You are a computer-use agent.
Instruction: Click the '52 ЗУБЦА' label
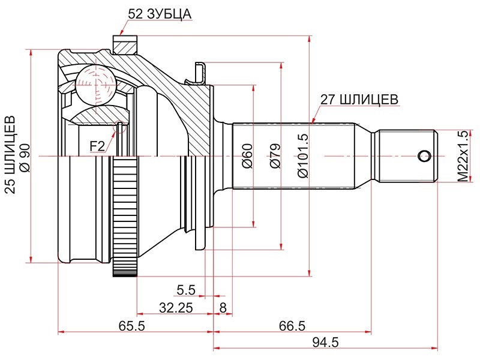tap(160, 14)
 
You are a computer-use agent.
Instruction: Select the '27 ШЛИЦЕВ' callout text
tap(359, 100)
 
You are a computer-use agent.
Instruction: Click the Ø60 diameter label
tap(247, 156)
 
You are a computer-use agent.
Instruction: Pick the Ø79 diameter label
tap(275, 156)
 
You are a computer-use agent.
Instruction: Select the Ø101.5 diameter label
tap(303, 156)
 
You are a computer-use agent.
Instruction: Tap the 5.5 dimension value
tap(186, 290)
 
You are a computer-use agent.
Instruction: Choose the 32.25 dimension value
tap(176, 308)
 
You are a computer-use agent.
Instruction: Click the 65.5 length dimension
tap(131, 326)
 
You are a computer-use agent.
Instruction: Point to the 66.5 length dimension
tap(292, 326)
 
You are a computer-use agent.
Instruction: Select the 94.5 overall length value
tap(326, 343)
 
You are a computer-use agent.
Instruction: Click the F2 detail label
tap(97, 146)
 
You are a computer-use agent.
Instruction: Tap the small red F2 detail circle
tap(119, 127)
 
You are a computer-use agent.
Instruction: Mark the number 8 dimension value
tap(223, 308)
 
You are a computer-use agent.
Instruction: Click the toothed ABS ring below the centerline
tap(125, 217)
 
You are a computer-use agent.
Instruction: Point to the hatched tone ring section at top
tap(125, 46)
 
